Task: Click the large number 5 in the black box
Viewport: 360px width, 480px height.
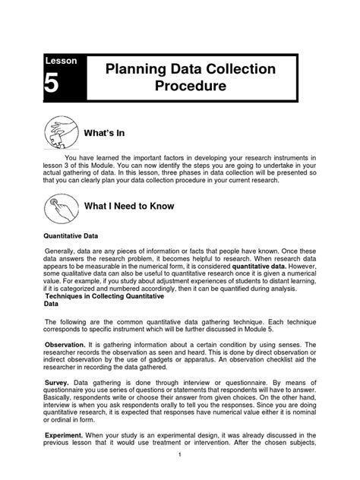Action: pyautogui.click(x=50, y=85)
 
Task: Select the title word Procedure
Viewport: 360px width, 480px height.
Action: pyautogui.click(x=191, y=87)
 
